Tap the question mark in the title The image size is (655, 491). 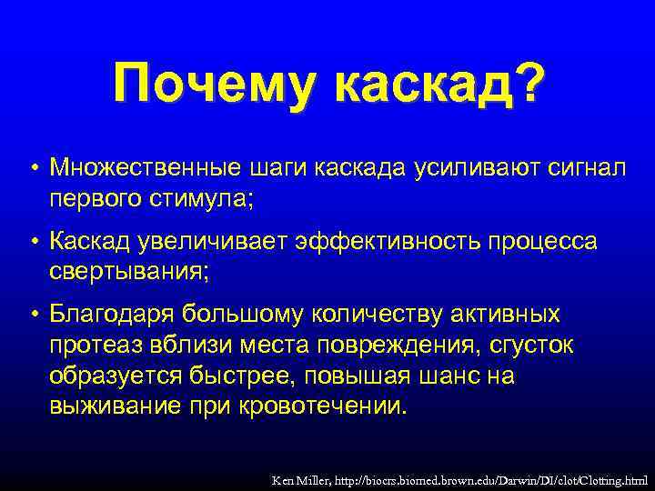(x=527, y=84)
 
